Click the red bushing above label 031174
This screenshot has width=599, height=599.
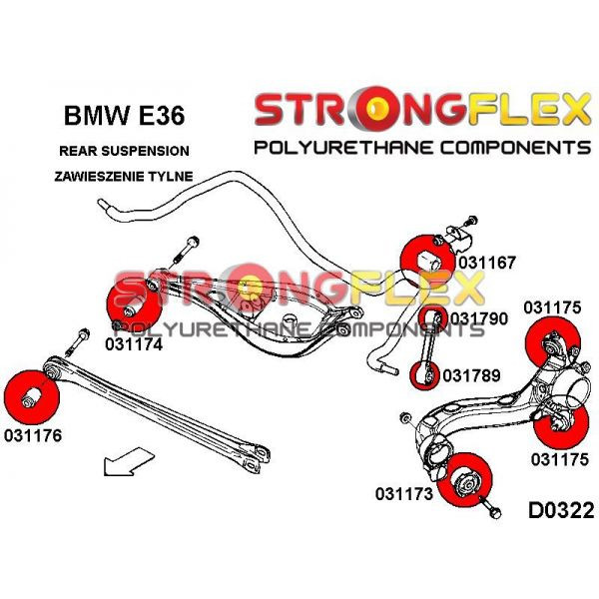pos(133,307)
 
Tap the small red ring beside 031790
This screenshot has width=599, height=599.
pos(434,319)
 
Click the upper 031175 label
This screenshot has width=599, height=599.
pos(551,307)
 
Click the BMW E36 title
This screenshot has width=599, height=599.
pos(125,117)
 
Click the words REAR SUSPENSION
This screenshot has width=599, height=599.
pos(125,152)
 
